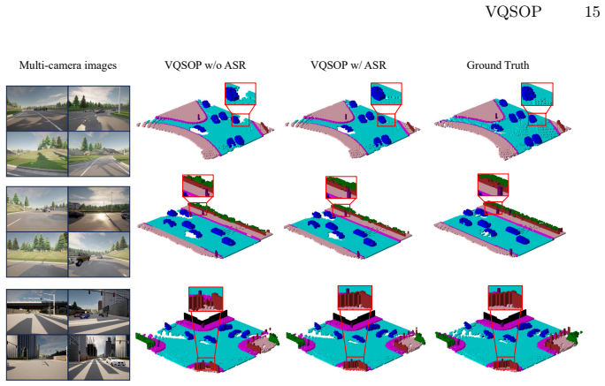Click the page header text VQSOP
click(x=513, y=11)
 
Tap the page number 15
click(x=592, y=11)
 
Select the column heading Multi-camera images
click(x=68, y=65)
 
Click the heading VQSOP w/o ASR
click(x=205, y=65)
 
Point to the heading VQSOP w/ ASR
click(x=348, y=65)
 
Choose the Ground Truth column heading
click(x=498, y=65)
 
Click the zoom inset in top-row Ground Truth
click(x=537, y=94)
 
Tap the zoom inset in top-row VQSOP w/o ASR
click(x=241, y=94)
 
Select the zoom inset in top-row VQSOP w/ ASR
click(x=387, y=94)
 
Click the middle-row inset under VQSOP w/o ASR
click(x=198, y=185)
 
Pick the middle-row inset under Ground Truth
click(x=493, y=185)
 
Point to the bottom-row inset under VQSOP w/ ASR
click(x=355, y=298)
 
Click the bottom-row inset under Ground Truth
click(x=505, y=298)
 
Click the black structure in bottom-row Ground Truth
click(x=504, y=316)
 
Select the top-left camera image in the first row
click(x=37, y=109)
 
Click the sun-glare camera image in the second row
click(x=99, y=209)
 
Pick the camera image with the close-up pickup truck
click(x=99, y=254)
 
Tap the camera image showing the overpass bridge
click(x=37, y=312)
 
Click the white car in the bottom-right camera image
click(x=114, y=362)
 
